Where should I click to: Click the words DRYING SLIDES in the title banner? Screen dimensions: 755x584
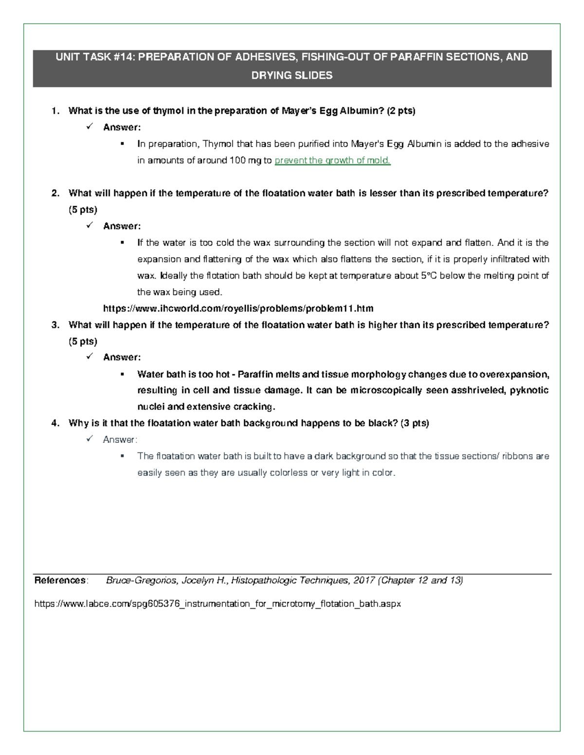click(x=292, y=75)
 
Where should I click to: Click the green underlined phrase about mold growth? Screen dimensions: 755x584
click(x=332, y=160)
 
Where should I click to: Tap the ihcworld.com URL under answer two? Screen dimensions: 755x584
click(x=238, y=309)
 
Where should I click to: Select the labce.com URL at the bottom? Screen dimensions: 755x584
click(x=217, y=604)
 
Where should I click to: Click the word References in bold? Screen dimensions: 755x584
click(x=60, y=580)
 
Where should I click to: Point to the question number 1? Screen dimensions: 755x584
click(x=55, y=111)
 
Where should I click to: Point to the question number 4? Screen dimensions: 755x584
click(x=55, y=423)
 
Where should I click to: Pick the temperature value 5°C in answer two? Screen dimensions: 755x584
click(x=427, y=276)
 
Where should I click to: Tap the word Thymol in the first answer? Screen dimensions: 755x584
click(x=218, y=144)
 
